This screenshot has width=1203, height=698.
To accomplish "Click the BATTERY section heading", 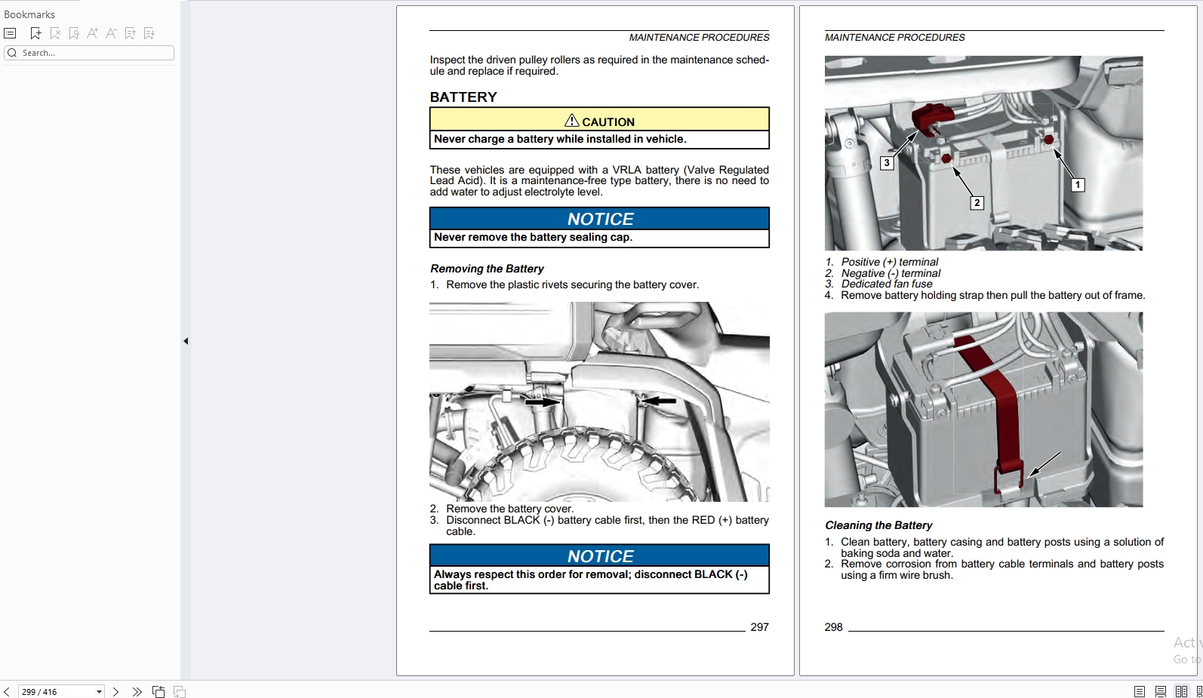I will [x=463, y=97].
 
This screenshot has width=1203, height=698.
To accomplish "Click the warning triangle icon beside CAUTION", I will [x=571, y=121].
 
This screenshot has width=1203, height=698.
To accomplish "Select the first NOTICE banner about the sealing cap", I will [x=599, y=219].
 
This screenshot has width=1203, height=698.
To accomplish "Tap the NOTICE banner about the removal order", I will [x=599, y=556].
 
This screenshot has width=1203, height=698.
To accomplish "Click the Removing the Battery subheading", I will [x=487, y=269].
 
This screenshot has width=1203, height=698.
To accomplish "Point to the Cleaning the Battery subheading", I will [x=878, y=525].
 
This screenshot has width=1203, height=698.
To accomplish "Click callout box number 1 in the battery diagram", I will [x=1078, y=185].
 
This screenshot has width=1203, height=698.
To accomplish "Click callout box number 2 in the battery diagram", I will [x=977, y=203].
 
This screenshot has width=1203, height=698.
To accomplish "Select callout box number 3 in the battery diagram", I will [x=887, y=163].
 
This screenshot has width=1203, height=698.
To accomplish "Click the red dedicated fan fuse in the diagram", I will [x=932, y=118].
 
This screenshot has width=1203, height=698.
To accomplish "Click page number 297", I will [x=759, y=627].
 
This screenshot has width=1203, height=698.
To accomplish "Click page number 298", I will [x=833, y=627].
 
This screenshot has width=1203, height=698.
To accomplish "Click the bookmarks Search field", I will [x=89, y=53].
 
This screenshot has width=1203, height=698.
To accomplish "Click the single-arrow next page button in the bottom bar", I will [x=115, y=692].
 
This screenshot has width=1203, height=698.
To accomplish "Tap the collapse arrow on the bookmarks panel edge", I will [x=186, y=341].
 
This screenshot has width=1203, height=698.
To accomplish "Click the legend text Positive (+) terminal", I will [x=889, y=262].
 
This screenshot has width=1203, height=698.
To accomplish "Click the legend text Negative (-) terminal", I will [x=891, y=273].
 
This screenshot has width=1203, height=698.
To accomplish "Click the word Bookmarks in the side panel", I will [x=29, y=14].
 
